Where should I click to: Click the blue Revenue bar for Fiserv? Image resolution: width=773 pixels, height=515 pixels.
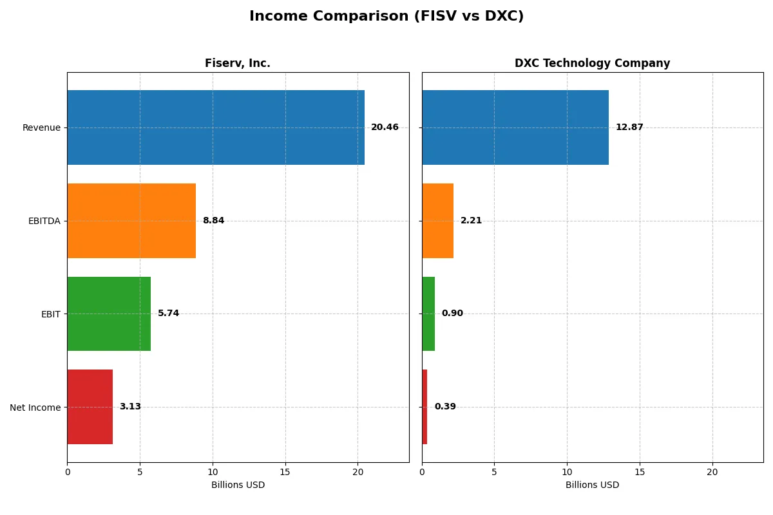216,127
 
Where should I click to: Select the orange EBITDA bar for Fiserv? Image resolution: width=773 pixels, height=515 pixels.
131,221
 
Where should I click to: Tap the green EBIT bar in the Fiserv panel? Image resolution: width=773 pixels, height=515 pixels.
109,314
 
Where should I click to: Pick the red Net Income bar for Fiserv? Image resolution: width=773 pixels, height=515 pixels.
90,407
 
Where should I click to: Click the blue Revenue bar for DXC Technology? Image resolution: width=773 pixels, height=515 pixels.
515,127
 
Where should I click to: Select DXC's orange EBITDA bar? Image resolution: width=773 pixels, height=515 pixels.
438,221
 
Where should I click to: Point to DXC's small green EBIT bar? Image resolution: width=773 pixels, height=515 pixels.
428,314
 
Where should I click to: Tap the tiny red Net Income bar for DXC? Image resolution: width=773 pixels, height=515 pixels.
425,407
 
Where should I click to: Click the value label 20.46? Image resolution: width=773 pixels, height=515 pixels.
385,127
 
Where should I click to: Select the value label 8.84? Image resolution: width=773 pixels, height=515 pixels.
213,221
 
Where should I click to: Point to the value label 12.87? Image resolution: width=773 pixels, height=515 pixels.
629,127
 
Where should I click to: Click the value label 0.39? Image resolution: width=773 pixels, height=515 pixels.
445,407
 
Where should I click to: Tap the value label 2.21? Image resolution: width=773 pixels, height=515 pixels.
471,221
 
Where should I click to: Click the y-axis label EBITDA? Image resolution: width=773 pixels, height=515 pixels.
44,221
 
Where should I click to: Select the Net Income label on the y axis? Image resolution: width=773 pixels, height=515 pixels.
35,407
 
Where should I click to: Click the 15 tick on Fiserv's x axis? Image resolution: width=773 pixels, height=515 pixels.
285,472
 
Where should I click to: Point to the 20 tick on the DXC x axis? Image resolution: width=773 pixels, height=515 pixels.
712,472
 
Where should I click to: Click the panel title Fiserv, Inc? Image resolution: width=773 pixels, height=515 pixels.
238,63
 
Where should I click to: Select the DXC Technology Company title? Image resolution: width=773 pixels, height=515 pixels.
592,63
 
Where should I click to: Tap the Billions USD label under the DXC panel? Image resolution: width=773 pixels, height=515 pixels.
592,485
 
